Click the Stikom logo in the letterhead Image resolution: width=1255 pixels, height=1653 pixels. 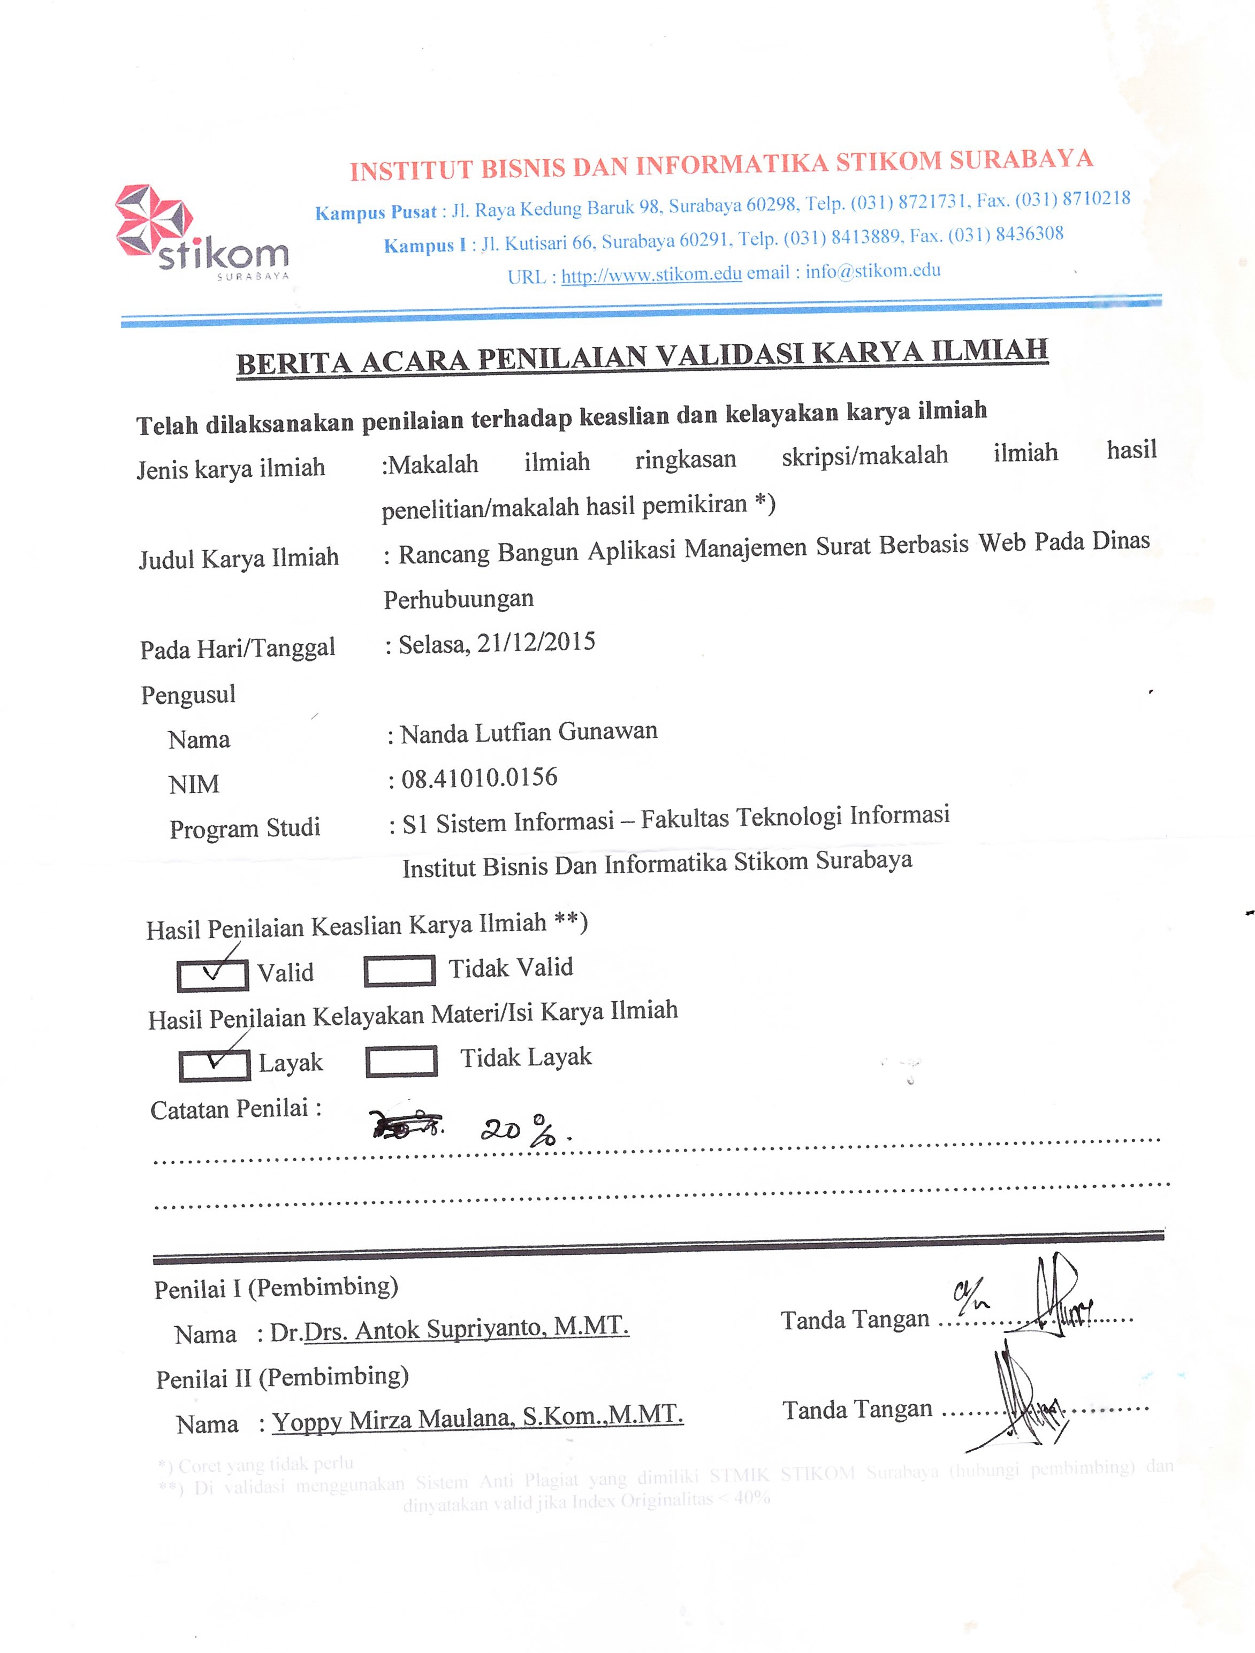click(x=200, y=232)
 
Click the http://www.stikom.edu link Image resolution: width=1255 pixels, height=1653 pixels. click(x=651, y=275)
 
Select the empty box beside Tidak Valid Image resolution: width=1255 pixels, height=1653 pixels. click(x=399, y=971)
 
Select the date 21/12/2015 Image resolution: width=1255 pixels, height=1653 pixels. click(x=536, y=642)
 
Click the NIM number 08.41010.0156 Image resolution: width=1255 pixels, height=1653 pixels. click(x=479, y=778)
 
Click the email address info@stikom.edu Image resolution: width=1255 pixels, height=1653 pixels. click(x=872, y=271)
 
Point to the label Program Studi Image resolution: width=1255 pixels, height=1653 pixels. click(x=245, y=828)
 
